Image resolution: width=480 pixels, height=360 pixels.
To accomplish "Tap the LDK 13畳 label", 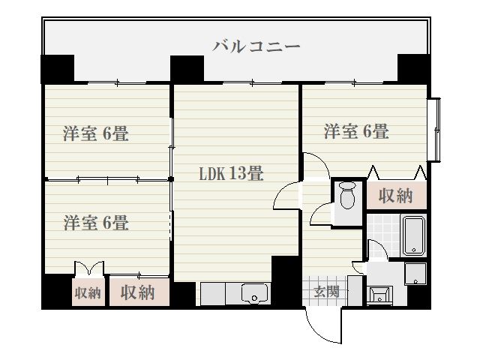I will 230,174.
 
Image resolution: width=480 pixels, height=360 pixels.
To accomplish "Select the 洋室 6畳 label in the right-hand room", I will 355,132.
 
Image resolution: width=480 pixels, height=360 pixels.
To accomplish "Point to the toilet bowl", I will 347,196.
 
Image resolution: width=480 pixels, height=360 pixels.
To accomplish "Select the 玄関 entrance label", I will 326,292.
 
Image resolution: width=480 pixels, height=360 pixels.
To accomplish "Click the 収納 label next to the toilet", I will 395,196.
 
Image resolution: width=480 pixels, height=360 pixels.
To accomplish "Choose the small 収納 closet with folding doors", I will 88,292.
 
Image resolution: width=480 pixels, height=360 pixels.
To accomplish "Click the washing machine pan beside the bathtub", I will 415,273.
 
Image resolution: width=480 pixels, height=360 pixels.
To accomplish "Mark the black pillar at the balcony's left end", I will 56,68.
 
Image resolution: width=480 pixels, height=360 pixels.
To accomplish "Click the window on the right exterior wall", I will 433,129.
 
